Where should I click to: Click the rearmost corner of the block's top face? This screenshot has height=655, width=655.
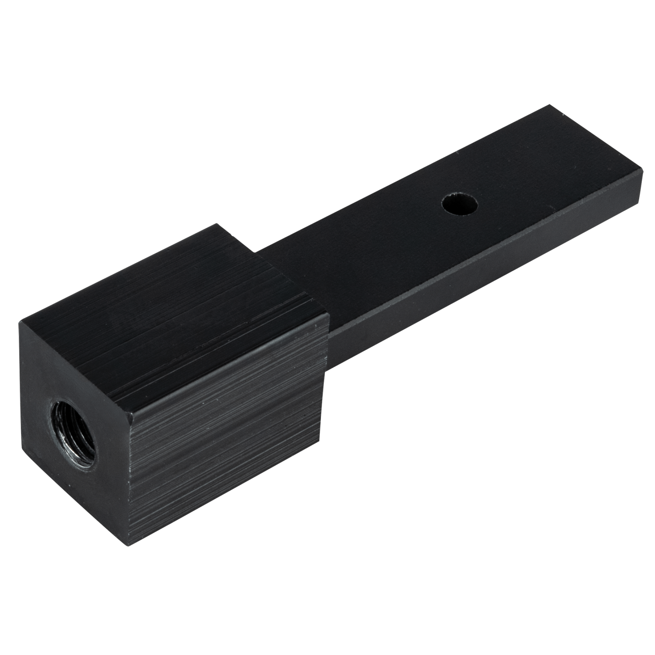tap(215, 224)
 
